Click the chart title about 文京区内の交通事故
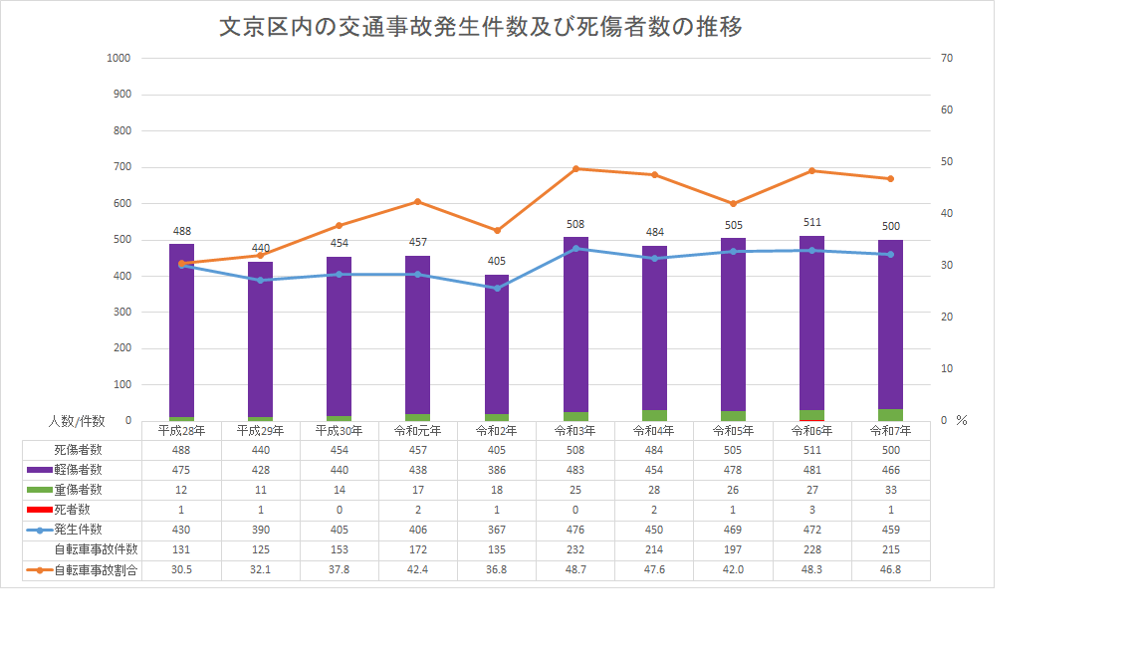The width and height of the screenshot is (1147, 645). coord(481,27)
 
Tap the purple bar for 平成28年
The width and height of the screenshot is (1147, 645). coord(181,328)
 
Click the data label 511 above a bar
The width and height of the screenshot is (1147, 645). coord(811,222)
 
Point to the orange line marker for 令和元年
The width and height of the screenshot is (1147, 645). coord(418,202)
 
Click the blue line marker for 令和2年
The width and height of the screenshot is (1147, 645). coord(497,289)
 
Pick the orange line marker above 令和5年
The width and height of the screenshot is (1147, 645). coord(733,204)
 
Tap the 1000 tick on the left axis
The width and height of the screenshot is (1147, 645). coord(118,58)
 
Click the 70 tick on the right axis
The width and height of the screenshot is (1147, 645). coord(946,58)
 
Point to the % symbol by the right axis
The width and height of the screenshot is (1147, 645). coord(962,421)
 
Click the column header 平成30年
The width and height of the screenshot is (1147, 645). coord(340,431)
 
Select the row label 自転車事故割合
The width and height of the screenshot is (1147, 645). coord(96,570)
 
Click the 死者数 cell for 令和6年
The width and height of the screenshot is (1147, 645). coord(811,510)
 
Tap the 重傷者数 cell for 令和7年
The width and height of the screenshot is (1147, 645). coord(890,490)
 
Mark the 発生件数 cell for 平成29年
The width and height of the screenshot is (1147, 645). coord(260,530)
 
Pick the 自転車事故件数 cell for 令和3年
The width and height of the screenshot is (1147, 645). coord(575,549)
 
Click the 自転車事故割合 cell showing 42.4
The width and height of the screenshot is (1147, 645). coord(418,570)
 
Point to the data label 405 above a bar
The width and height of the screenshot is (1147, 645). coord(497,261)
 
